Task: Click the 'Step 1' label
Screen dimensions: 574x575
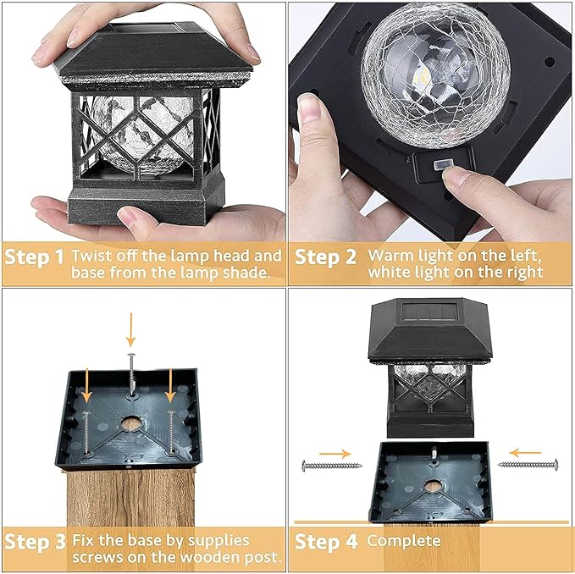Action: point(34,257)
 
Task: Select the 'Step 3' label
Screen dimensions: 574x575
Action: point(34,541)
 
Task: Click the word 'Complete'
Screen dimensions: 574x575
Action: point(404,540)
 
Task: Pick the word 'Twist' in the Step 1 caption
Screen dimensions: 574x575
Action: point(91,255)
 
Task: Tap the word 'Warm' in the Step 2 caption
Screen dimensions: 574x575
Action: point(387,255)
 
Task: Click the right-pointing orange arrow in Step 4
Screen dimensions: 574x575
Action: point(337,453)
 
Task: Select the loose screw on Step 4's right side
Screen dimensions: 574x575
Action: point(528,464)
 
